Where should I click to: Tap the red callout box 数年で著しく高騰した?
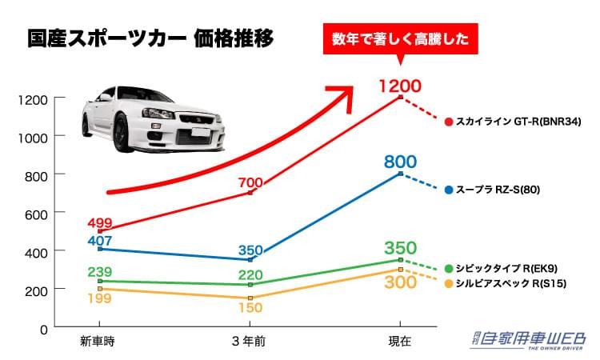tap(400, 38)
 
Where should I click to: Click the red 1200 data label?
tap(399, 85)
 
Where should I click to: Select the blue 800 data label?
tap(400, 162)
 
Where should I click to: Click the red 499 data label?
tap(100, 222)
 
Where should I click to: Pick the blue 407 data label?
tap(100, 239)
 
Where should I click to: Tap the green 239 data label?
tap(100, 271)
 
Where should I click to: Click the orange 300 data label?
tap(400, 283)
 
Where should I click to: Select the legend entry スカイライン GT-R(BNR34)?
tap(516, 122)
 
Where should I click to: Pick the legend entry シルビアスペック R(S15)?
tap(512, 283)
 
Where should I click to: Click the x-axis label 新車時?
tap(98, 341)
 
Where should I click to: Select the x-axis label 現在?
tap(399, 341)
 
